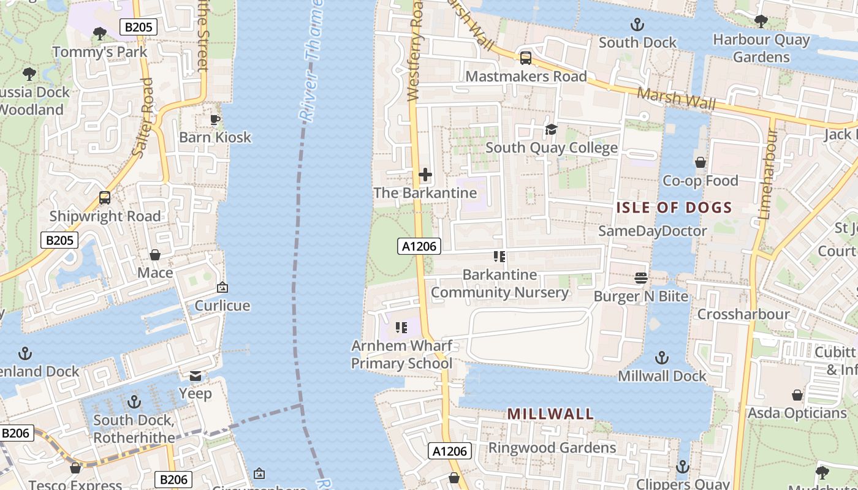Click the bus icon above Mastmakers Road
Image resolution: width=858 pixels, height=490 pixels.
coord(525,58)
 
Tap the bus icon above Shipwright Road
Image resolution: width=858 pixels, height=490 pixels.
coord(105,198)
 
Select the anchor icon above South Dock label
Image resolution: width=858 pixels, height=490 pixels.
coord(637,25)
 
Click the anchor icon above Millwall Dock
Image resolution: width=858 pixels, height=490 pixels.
coord(661,357)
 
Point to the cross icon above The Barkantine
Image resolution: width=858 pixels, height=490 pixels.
coord(425,175)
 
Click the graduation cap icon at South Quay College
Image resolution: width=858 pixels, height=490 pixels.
coord(551,129)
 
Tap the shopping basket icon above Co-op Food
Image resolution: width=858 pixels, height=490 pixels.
coord(700,162)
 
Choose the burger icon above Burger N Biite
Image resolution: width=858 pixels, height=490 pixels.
coord(641,278)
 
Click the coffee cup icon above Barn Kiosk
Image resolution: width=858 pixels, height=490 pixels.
coord(215,119)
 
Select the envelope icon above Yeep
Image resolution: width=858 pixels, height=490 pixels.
coord(196,375)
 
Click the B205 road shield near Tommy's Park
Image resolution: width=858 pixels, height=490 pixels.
coord(139,26)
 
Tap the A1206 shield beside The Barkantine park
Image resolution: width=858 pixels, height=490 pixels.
coord(419,246)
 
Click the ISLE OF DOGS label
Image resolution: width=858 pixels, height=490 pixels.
coord(674,208)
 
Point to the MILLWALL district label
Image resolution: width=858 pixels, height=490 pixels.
coord(550,414)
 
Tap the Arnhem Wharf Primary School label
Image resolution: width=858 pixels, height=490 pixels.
coord(401,355)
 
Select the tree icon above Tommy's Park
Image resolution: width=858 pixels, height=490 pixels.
coord(99,34)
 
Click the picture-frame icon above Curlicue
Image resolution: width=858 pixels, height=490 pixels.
coord(222,287)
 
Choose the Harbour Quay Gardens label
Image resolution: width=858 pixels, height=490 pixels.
coord(761,48)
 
